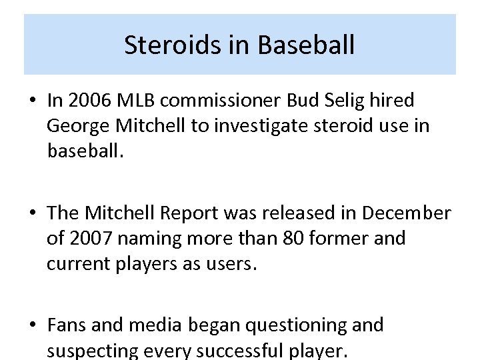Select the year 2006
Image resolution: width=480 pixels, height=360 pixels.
(91, 101)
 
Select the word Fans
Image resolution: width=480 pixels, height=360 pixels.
(67, 325)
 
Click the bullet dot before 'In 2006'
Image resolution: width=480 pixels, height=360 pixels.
(32, 101)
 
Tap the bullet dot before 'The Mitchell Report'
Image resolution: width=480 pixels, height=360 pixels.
(32, 214)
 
